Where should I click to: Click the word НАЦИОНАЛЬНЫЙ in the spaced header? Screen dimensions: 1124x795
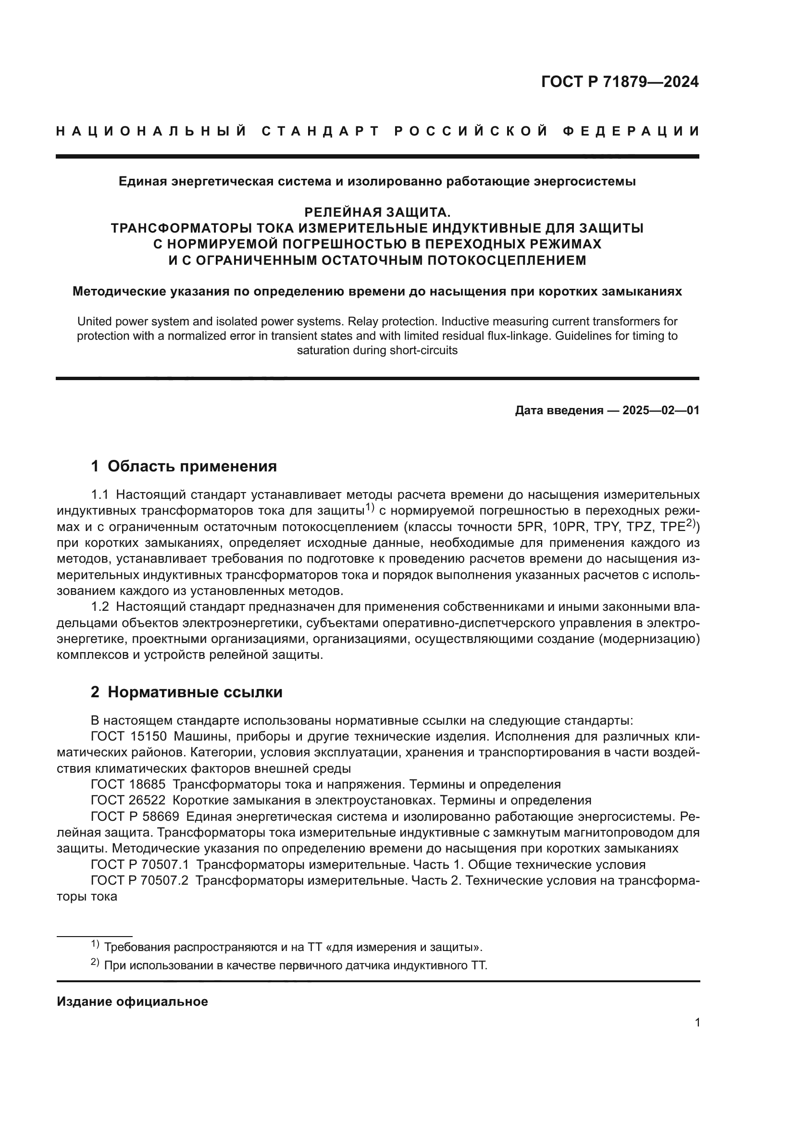[151, 131]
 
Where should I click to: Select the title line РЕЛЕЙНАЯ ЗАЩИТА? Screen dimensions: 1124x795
[377, 212]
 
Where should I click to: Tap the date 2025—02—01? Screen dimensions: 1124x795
[661, 411]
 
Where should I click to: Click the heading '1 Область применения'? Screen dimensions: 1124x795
[184, 466]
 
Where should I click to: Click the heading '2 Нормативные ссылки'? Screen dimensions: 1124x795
[186, 692]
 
